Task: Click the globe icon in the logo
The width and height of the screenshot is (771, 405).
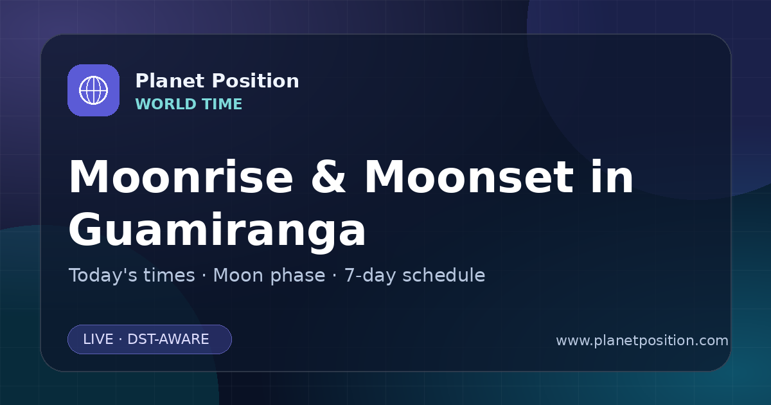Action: point(93,90)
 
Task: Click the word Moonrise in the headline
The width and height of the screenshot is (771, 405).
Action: point(181,177)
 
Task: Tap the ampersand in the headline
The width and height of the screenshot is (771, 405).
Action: point(328,177)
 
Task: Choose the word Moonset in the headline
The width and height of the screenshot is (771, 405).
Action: point(469,177)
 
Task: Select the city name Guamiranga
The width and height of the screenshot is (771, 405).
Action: point(217,229)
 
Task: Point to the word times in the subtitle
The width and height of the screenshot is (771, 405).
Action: point(169,275)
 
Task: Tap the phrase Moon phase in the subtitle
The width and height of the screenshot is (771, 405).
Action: point(269,276)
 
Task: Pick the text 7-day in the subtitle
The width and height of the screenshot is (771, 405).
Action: point(370,276)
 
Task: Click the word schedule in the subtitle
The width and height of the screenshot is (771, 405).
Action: point(444,275)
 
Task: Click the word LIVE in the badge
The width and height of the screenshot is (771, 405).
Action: point(98,339)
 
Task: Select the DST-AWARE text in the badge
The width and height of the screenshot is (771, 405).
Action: point(168,339)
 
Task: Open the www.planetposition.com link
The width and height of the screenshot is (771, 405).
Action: point(642,341)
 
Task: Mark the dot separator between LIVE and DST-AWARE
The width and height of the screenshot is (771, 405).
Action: point(121,339)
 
